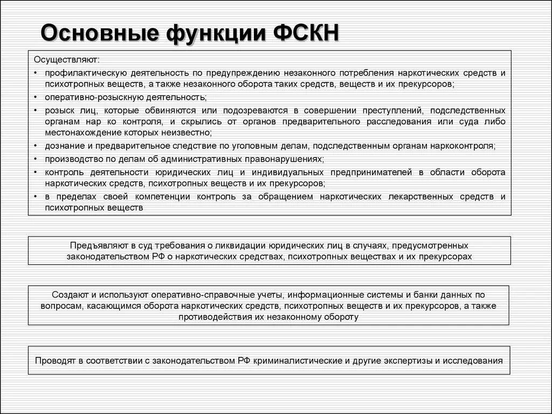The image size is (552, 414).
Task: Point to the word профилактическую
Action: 86,72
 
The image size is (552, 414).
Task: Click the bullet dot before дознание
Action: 36,146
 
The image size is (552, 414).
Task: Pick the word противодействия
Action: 217,317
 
